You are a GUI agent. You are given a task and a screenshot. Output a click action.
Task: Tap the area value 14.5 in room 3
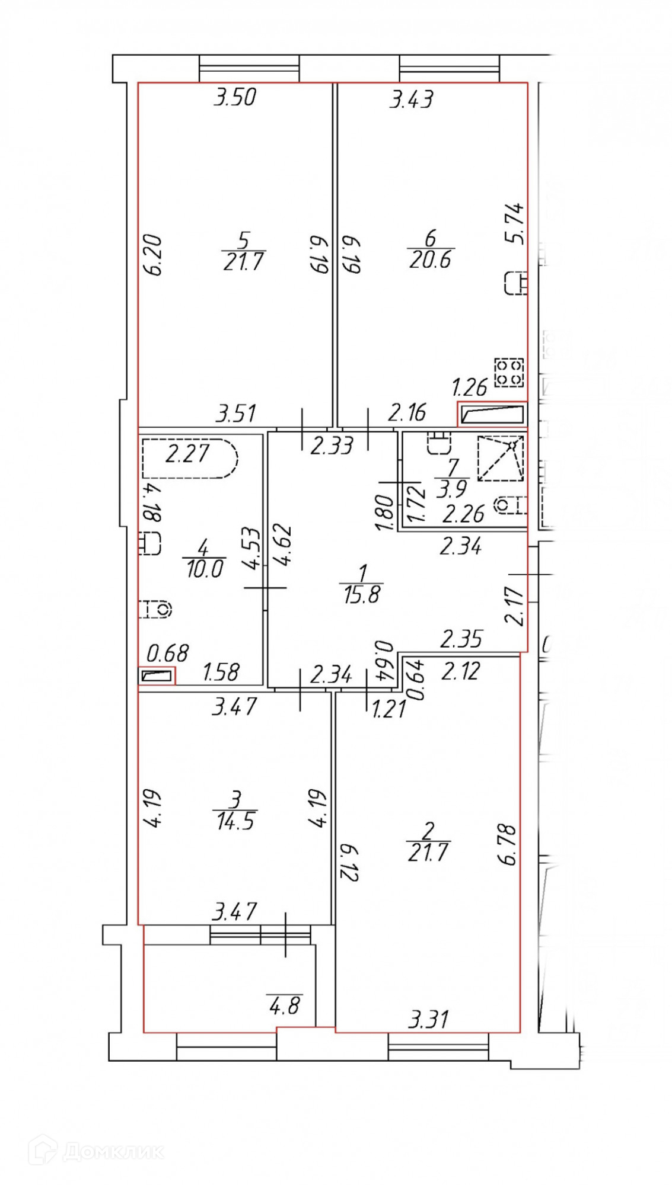point(235,822)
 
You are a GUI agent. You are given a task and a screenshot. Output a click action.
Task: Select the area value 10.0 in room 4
point(204,569)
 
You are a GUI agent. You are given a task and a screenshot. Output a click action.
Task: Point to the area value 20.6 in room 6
point(430,260)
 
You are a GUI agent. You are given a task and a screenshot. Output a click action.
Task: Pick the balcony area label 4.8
point(285,1005)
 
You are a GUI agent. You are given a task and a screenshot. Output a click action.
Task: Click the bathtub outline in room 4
point(190,457)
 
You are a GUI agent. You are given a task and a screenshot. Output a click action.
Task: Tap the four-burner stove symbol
point(509,373)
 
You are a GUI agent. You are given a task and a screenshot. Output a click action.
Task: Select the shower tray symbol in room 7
point(501,457)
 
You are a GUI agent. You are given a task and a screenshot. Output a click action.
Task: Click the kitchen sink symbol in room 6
point(515,283)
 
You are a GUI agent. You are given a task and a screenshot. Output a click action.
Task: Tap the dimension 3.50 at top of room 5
point(235,97)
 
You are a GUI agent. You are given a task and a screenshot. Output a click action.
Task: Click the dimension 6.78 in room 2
point(508,845)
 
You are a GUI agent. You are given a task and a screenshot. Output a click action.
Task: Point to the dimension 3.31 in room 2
point(428,1020)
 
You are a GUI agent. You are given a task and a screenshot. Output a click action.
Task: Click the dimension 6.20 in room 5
point(153,255)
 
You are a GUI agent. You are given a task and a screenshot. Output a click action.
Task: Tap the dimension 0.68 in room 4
point(167,654)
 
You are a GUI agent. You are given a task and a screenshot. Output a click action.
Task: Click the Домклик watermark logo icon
point(43,1151)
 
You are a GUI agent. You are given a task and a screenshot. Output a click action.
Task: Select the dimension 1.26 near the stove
point(469,387)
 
